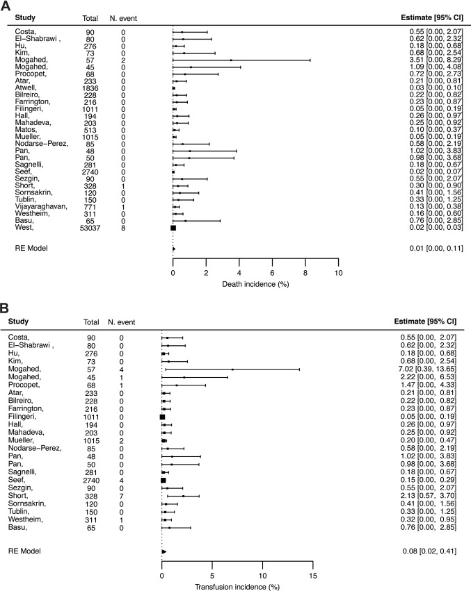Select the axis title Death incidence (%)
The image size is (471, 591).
click(255, 284)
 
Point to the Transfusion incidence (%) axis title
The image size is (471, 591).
click(237, 585)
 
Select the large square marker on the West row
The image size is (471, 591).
click(173, 227)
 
